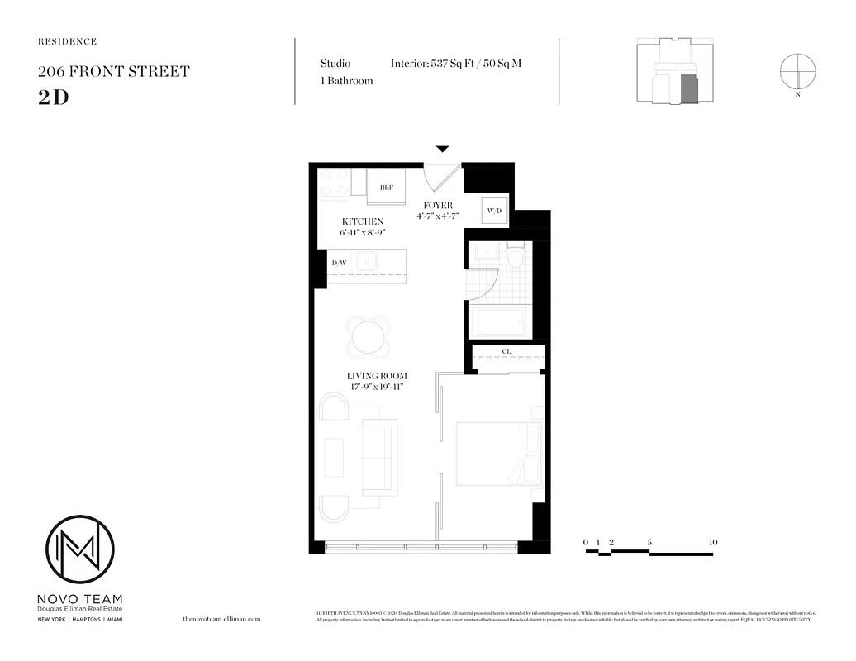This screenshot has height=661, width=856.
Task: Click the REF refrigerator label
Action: pos(387,188)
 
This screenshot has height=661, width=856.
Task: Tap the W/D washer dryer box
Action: pos(495,211)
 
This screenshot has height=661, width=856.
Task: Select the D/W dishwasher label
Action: pos(339,264)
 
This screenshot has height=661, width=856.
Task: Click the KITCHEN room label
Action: pos(363,221)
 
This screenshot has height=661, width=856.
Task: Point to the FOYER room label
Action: pos(438,205)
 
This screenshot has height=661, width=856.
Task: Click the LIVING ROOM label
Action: pos(377,376)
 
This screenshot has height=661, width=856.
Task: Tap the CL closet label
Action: pos(507,352)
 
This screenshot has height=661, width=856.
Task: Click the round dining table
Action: pos(368,337)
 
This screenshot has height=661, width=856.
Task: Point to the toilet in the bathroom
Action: pos(516,258)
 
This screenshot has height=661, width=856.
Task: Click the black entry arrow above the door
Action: pos(443,149)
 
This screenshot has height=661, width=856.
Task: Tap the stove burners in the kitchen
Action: pos(335,183)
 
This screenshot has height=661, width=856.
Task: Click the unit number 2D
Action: pos(53,96)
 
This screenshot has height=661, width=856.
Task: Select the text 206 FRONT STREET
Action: pos(113,71)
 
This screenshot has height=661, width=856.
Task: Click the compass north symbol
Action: pos(797,69)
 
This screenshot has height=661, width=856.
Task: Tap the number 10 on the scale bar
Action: pos(713,542)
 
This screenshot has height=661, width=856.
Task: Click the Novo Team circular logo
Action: pos(79,549)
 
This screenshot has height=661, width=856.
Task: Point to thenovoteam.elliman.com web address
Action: pos(221,618)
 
